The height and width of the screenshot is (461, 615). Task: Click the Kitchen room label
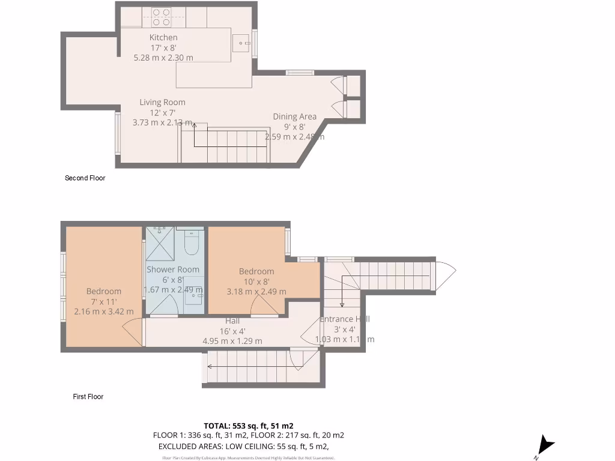coord(163,37)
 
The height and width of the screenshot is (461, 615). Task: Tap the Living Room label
coord(163,102)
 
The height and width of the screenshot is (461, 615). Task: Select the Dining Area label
coord(295,116)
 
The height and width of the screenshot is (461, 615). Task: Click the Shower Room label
coord(173,270)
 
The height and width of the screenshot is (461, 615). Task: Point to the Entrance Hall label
coord(345,319)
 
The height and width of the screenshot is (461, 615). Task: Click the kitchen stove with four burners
coord(161,17)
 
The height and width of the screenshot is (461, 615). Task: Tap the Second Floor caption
coord(85,178)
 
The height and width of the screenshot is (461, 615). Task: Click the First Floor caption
coord(88,397)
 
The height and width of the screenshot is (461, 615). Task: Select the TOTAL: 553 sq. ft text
coord(248,426)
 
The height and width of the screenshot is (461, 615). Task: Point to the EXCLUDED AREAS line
coord(243,447)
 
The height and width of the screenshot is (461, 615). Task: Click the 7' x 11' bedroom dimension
coord(103,301)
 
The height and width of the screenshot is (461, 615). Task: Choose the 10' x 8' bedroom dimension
coord(256,282)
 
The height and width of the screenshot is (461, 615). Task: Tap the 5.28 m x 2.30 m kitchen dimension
coord(163,58)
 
